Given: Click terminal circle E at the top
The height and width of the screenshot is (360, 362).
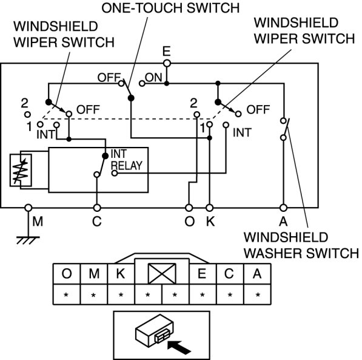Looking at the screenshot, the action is click(167, 63).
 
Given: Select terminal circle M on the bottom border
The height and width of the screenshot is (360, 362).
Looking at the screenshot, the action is click(28, 208).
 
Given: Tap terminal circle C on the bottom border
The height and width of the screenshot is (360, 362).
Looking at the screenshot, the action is click(97, 208).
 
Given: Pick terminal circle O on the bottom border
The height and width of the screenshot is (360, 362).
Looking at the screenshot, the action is click(189, 208).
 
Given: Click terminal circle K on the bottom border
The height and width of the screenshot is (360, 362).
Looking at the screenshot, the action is click(209, 208).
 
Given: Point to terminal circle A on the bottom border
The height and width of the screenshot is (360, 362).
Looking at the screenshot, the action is click(284, 208).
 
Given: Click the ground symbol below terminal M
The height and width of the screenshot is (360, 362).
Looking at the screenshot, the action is click(28, 240).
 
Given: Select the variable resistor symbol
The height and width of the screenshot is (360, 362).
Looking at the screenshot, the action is click(21, 170).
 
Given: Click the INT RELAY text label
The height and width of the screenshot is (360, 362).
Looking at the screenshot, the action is click(126, 160).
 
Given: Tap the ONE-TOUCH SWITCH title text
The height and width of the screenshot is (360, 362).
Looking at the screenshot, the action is click(170, 8).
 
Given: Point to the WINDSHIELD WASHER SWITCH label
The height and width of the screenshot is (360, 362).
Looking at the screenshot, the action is click(301, 245).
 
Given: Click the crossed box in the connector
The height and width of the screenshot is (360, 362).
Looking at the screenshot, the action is click(162, 274).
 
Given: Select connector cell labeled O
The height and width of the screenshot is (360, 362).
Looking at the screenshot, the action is click(67, 274).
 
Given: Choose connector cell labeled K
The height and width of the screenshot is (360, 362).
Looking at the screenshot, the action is click(121, 274).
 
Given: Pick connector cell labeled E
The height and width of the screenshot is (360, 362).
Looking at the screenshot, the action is click(203, 274).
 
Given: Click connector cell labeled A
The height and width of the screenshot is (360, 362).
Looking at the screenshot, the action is click(257, 274).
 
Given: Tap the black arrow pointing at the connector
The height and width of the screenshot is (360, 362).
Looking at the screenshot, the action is click(179, 347).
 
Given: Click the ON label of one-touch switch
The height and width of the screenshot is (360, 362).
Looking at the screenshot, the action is click(154, 78).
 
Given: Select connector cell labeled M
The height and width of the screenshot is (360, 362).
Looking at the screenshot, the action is click(94, 274).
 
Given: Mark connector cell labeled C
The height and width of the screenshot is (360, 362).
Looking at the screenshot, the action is click(230, 274).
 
